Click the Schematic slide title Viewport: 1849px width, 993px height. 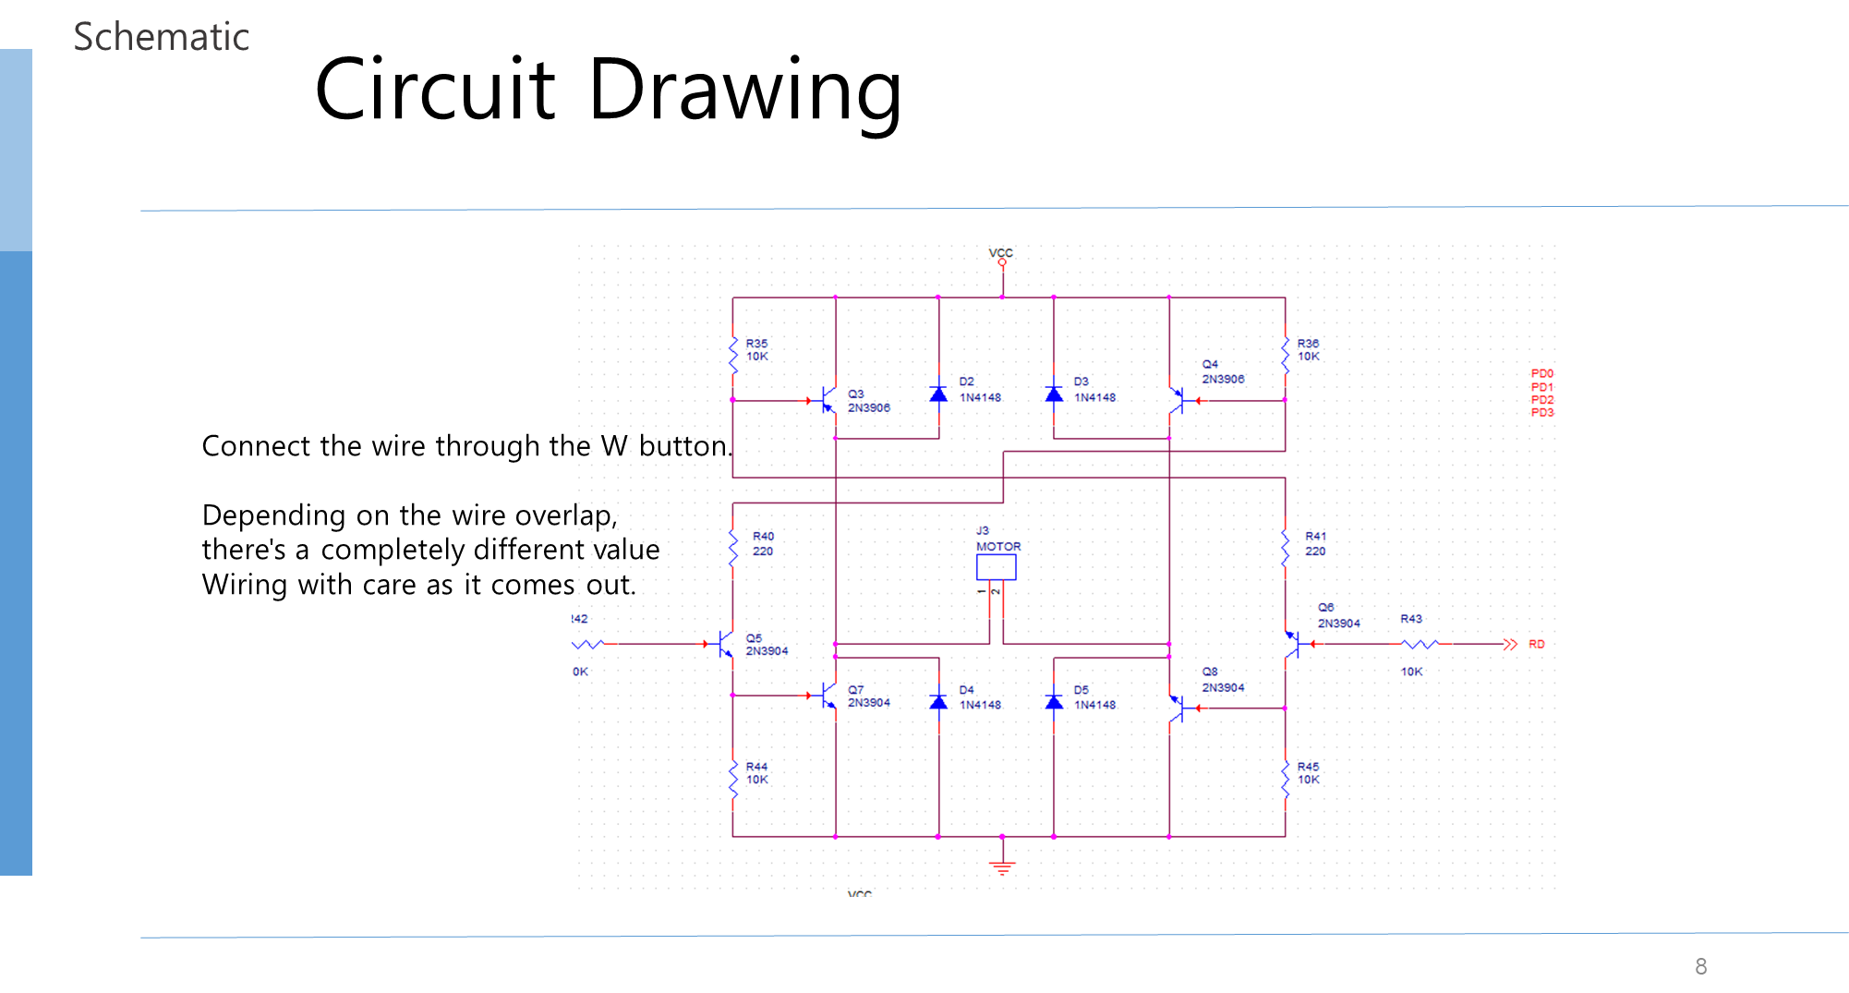161,37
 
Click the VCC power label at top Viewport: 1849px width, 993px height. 1000,252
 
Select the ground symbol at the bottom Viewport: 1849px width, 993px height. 1002,867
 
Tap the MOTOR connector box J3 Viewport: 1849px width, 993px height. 996,567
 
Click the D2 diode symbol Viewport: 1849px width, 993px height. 938,394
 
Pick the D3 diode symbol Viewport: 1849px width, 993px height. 1054,394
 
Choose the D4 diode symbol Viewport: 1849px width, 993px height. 938,702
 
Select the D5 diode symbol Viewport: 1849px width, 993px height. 1054,702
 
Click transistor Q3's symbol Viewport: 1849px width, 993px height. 828,401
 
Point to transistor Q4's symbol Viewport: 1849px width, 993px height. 1177,401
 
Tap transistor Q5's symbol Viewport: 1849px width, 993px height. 725,644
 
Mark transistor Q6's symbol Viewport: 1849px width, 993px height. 1293,644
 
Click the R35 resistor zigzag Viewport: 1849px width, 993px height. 733,356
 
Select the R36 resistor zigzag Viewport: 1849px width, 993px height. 1285,356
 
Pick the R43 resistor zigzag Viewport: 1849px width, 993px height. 1420,644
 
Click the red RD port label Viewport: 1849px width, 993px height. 1536,644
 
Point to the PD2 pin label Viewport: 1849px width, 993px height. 1541,400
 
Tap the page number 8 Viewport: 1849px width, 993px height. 1700,966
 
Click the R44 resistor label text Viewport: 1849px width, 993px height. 756,767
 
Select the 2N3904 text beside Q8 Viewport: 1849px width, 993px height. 1223,687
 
